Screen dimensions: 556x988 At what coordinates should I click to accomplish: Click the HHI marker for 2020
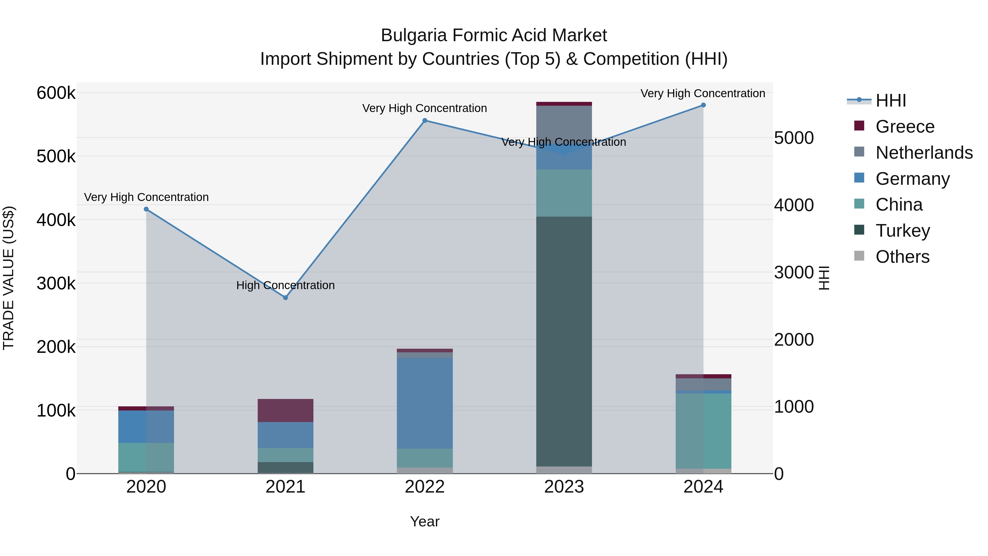[x=146, y=209]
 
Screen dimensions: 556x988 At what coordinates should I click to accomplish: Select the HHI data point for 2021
[x=285, y=297]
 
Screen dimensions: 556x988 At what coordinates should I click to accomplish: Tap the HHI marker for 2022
[x=425, y=121]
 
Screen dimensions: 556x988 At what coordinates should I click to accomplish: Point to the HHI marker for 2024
[x=703, y=105]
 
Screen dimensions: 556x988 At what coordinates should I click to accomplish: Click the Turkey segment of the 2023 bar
[x=564, y=342]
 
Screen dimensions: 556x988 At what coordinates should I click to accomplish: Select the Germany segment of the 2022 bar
[x=425, y=403]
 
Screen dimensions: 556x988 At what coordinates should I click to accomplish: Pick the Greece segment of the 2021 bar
[x=285, y=410]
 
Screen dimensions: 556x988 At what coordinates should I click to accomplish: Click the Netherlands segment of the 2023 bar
[x=564, y=123]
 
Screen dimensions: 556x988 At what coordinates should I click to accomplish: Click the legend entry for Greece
[x=905, y=127]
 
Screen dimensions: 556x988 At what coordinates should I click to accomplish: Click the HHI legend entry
[x=890, y=100]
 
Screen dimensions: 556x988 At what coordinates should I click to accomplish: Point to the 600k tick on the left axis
[x=56, y=93]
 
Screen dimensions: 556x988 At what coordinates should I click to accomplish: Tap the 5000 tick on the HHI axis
[x=793, y=138]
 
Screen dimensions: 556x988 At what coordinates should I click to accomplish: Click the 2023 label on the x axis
[x=564, y=487]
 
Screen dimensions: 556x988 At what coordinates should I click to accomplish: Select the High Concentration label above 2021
[x=285, y=285]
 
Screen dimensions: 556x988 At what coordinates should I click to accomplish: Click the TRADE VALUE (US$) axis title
[x=9, y=278]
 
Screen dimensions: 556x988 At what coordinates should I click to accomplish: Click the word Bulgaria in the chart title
[x=414, y=35]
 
